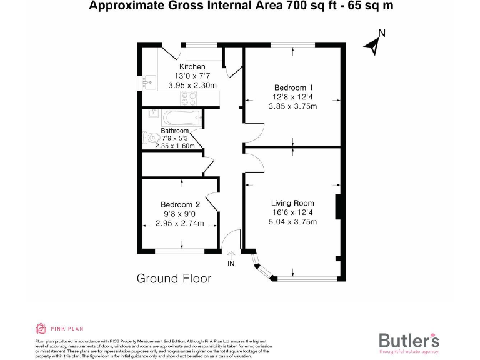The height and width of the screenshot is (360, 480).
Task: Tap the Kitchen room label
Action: pos(192,67)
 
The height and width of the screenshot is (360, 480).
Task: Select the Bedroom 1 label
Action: pos(294,87)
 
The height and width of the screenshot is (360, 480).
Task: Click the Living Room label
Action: pos(292,203)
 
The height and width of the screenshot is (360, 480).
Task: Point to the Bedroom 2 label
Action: pos(180,204)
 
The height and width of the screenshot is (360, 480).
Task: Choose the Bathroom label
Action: pos(174,131)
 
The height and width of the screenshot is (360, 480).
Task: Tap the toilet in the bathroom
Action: pos(150,137)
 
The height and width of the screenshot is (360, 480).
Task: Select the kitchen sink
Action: pos(147,82)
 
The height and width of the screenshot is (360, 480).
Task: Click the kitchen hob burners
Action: pos(188,97)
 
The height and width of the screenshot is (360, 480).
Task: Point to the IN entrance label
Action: pos(231,264)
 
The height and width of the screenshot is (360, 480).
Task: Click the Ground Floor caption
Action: pos(174,279)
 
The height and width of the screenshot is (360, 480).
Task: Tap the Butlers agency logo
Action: pos(409,341)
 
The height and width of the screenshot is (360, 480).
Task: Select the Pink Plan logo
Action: pos(59,328)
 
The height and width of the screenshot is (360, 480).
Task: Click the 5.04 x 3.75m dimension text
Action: pos(292,222)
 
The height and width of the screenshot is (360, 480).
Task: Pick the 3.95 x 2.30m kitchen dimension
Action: pos(192,86)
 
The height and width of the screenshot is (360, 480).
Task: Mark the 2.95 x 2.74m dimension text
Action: pos(180,223)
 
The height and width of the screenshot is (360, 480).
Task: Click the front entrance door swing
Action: pos(232,241)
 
